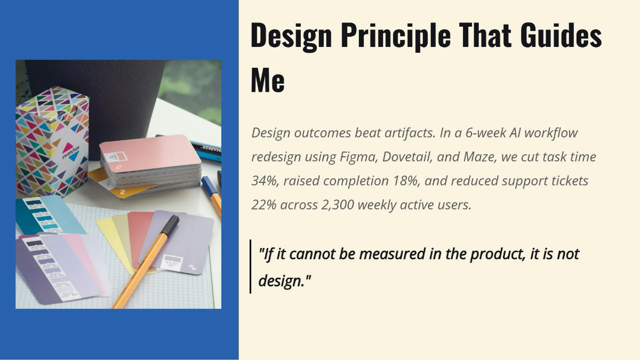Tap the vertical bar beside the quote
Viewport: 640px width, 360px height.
[x=250, y=267]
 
